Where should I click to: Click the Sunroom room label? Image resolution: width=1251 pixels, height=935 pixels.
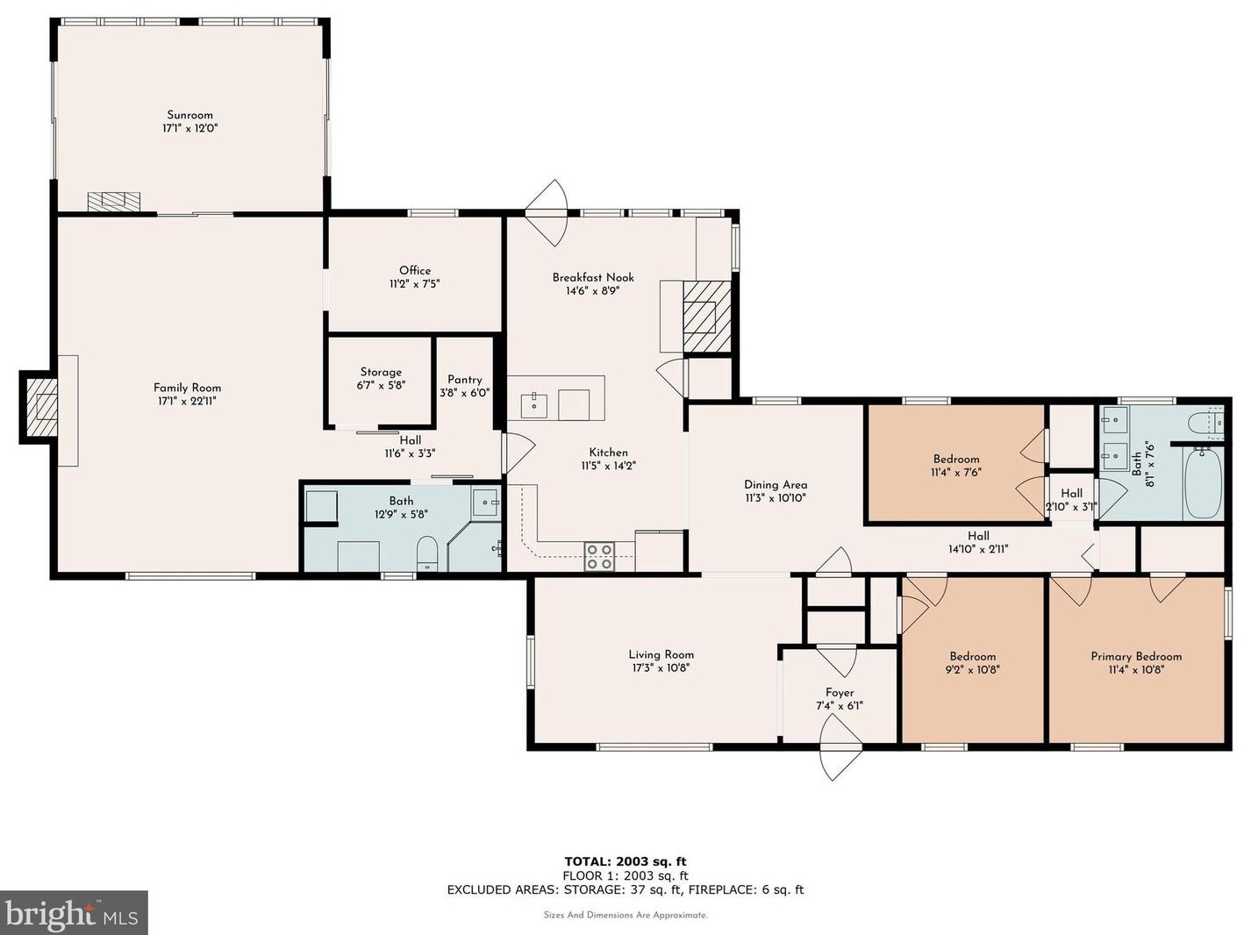click(x=189, y=115)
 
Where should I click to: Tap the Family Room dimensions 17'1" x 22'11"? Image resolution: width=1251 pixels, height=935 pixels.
click(x=187, y=401)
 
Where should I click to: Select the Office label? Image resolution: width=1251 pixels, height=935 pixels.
click(x=415, y=271)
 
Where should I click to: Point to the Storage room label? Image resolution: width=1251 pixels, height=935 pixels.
click(x=381, y=372)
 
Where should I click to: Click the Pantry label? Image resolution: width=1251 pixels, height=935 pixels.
click(x=464, y=380)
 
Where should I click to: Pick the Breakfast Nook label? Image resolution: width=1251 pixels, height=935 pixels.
click(x=593, y=277)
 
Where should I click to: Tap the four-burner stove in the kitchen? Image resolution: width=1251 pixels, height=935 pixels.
click(x=600, y=556)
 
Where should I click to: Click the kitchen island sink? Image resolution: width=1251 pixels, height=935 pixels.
click(x=534, y=404)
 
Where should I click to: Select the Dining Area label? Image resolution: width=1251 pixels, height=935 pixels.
click(x=776, y=485)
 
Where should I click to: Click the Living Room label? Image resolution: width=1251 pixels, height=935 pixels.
click(x=661, y=655)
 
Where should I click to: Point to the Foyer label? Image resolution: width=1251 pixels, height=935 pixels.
click(x=840, y=692)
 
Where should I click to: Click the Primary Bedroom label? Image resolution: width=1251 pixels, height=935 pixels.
click(x=1136, y=656)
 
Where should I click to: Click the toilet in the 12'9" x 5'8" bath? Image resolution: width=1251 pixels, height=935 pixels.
click(x=427, y=553)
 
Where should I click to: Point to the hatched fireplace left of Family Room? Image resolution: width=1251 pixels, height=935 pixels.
click(x=39, y=407)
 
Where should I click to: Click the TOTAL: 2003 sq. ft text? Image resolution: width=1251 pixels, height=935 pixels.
click(x=625, y=861)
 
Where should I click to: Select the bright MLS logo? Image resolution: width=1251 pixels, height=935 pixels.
click(x=73, y=912)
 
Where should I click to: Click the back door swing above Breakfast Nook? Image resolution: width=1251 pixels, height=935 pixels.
click(x=547, y=213)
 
